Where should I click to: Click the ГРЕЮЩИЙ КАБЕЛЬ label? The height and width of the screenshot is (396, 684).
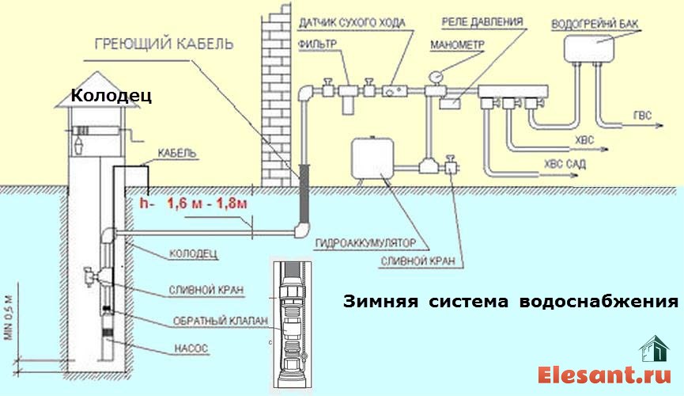164,44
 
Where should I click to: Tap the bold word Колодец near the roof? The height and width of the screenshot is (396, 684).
111,95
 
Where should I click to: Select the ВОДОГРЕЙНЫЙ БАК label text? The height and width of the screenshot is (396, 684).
595,24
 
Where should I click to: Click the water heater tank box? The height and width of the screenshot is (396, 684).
589,48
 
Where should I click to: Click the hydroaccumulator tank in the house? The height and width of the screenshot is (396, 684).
373,158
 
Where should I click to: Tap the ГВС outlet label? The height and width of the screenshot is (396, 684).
642,116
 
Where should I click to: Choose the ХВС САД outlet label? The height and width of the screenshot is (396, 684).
565,165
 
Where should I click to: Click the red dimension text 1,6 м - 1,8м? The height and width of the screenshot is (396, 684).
208,204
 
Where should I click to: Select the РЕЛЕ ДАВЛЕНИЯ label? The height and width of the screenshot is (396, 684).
482,22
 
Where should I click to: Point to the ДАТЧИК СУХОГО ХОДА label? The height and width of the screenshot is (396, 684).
352,23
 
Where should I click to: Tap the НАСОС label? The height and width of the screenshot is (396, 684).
191,348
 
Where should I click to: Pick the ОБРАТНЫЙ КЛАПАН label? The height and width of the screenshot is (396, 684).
221,321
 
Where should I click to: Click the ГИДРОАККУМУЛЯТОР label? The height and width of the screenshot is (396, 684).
365,243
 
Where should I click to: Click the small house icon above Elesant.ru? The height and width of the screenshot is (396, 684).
654,348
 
